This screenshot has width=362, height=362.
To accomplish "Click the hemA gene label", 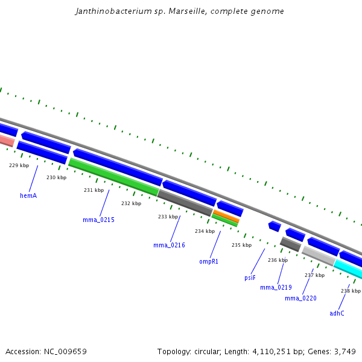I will [28, 195].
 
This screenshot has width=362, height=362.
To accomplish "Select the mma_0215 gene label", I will [98, 220].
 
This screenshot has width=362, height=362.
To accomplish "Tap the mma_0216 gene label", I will [169, 246].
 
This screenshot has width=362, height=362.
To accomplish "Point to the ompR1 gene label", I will [209, 262].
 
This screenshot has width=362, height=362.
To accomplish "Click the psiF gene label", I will [250, 278].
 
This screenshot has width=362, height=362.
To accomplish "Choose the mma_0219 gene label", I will [276, 287].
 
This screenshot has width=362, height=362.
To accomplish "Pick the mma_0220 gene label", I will [300, 298].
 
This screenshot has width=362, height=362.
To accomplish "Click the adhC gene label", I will [337, 313].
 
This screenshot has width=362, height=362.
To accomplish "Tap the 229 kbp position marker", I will [19, 165].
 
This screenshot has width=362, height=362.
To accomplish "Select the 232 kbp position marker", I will [131, 203].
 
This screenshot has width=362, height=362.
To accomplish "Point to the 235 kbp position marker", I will [241, 245].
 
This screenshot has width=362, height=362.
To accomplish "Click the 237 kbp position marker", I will [314, 275].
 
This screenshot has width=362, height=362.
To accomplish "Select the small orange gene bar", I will [226, 215].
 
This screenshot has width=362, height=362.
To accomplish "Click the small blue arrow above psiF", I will [275, 226].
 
